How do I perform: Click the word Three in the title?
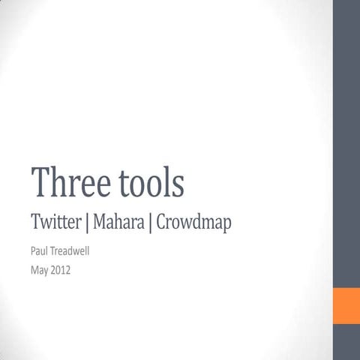pos(68,183)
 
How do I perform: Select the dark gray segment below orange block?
pos(346,342)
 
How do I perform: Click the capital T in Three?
pos(40,181)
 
